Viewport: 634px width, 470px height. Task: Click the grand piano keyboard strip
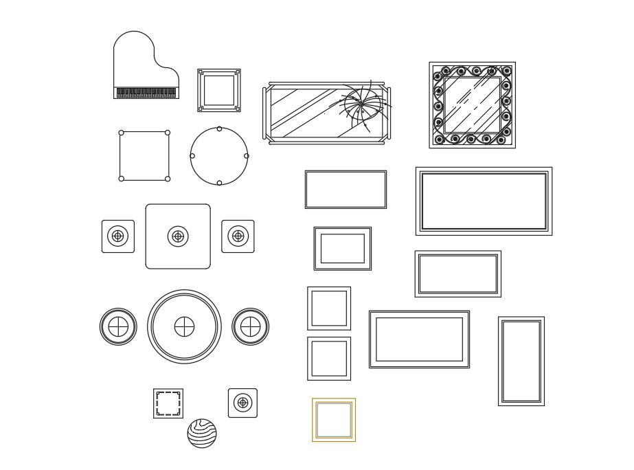click(x=146, y=93)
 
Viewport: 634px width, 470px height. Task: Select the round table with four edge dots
click(x=219, y=156)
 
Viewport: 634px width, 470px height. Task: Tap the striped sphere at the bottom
click(x=202, y=434)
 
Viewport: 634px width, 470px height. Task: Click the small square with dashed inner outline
click(x=168, y=403)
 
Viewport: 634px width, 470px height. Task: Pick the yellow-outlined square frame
click(x=334, y=420)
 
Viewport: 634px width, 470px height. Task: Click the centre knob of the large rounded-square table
click(x=178, y=236)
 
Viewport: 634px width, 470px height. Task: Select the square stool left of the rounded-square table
click(x=118, y=236)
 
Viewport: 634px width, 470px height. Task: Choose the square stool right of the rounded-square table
click(x=238, y=236)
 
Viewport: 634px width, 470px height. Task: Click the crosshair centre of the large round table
click(x=184, y=327)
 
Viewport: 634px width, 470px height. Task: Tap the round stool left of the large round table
click(x=118, y=327)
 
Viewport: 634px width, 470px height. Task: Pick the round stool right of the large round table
click(x=250, y=327)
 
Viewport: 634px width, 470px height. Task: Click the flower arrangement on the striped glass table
click(x=362, y=105)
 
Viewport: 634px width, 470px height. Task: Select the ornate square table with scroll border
click(x=472, y=105)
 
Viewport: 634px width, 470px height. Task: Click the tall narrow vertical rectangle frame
click(x=521, y=361)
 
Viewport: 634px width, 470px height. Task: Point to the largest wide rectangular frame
click(x=484, y=201)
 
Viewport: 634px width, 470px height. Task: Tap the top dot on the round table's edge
click(x=219, y=128)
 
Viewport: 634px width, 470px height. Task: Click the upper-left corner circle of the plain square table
click(x=122, y=133)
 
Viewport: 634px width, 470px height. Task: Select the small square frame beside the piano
click(x=219, y=90)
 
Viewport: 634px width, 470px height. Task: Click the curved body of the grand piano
click(x=137, y=62)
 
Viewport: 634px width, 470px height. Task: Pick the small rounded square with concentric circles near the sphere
click(x=242, y=403)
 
